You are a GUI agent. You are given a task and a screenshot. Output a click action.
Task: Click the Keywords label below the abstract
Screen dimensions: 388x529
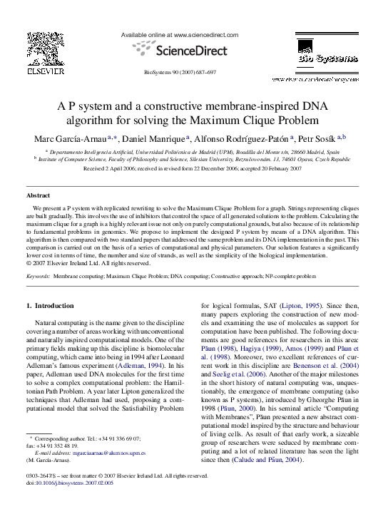37,274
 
